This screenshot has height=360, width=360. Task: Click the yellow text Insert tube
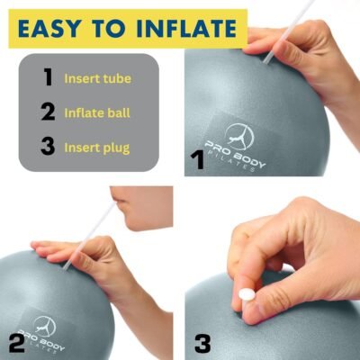(97, 78)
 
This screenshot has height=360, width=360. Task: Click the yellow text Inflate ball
(97, 113)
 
